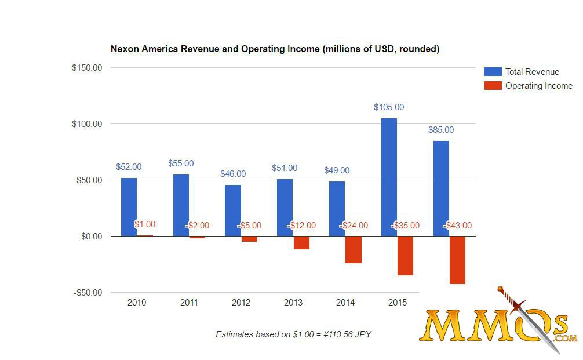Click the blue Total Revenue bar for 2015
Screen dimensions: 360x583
tap(389, 177)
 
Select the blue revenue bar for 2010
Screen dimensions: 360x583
tap(129, 207)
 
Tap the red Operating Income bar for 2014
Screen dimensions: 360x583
tap(354, 249)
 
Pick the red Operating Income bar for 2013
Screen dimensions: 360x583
tap(301, 242)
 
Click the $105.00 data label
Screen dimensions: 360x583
tap(389, 107)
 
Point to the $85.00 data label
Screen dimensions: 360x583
tap(441, 130)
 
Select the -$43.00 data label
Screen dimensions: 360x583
tap(458, 226)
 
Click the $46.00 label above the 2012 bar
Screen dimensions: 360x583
tap(233, 174)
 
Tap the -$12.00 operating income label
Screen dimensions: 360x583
tap(301, 226)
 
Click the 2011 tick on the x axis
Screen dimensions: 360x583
tap(189, 303)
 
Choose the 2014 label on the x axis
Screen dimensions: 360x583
tap(345, 303)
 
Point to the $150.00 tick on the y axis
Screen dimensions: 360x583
tap(87, 68)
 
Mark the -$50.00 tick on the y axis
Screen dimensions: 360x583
tap(87, 293)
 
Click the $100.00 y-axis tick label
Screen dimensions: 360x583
tap(87, 124)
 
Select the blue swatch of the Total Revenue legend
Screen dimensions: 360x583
tap(493, 72)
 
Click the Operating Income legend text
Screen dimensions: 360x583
tap(538, 86)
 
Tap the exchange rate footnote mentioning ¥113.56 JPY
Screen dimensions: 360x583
tap(297, 334)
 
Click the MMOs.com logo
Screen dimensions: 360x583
tap(498, 325)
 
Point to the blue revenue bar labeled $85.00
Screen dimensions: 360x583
tap(441, 188)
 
